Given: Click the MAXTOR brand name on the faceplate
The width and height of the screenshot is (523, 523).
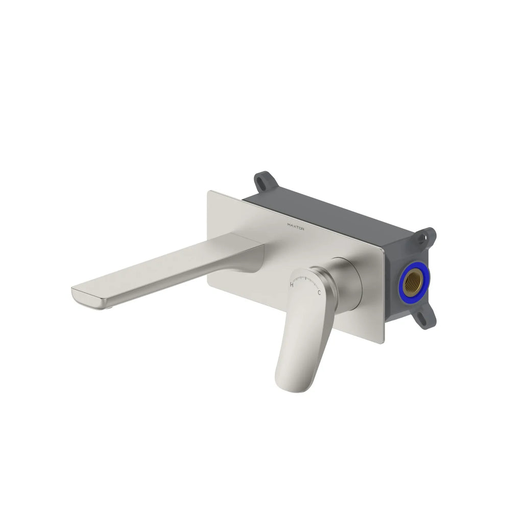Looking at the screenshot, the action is click(x=296, y=227).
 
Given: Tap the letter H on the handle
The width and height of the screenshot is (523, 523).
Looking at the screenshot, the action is click(x=292, y=284).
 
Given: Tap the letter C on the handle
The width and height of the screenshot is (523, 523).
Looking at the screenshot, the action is click(x=319, y=293).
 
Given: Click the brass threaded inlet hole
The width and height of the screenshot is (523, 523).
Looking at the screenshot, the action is click(x=413, y=282).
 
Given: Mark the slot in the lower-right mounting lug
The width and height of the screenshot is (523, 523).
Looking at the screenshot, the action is click(x=422, y=317).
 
